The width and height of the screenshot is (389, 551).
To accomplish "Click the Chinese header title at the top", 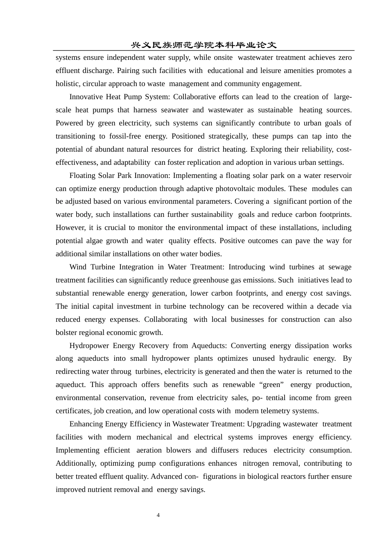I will [204, 45].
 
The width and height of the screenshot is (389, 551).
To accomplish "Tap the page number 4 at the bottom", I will [158, 515].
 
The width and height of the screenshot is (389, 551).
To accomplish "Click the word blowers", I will [178, 450].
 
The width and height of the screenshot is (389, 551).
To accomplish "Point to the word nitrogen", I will [257, 463].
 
